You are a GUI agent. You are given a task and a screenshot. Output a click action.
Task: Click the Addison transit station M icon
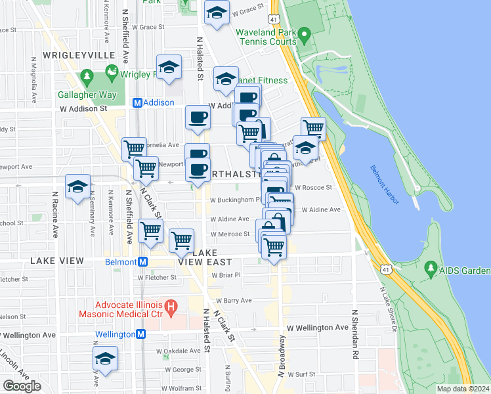[x=138, y=102]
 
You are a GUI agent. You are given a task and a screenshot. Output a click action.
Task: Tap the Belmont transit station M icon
[x=142, y=261]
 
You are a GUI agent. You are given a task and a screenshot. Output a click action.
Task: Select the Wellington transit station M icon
[x=140, y=334]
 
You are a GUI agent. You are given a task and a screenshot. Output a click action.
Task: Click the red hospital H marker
[x=171, y=305]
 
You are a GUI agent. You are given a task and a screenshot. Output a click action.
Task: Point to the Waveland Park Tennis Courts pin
[x=303, y=34]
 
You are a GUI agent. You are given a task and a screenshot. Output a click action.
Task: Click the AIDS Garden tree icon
[x=431, y=269]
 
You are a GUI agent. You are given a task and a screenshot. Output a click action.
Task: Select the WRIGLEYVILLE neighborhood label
[x=70, y=55]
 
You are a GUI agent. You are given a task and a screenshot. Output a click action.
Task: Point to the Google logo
[x=22, y=385]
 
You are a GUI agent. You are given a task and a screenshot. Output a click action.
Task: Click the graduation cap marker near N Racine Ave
[x=77, y=186]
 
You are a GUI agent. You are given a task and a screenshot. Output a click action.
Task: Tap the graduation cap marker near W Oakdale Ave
[x=104, y=358]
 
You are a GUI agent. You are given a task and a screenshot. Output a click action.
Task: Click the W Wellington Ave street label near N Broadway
[x=318, y=327]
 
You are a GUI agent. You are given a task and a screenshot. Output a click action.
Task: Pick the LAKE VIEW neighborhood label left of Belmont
[x=57, y=261]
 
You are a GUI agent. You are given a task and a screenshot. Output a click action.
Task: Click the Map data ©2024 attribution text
[x=462, y=389]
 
